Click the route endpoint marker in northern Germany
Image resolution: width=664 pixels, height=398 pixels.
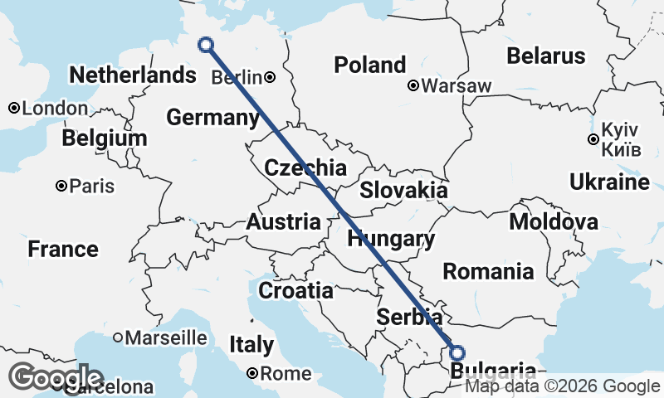[x=207, y=46]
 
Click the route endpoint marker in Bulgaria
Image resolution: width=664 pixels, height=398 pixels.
[x=456, y=352]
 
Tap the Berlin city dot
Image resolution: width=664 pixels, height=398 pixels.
[x=271, y=77]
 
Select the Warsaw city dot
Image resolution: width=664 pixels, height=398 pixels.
[x=413, y=85]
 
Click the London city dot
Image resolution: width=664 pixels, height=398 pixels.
[x=13, y=109]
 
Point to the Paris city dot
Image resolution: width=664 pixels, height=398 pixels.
[x=61, y=186]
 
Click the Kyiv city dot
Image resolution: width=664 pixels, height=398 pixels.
[x=593, y=139]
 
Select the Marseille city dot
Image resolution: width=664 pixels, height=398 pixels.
[x=118, y=337]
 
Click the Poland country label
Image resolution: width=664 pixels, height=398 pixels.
[x=369, y=65]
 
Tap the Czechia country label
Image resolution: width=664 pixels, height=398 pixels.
[x=305, y=168]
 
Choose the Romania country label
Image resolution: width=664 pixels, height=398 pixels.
[x=488, y=271]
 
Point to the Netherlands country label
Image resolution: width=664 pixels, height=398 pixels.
[x=132, y=75]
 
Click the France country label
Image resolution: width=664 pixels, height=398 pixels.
[x=62, y=249]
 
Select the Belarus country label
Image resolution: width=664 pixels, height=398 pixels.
[x=545, y=56]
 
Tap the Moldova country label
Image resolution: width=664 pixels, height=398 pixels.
[x=553, y=222]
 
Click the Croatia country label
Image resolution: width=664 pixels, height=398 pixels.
[x=295, y=291]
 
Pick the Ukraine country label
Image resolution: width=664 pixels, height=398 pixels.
[x=609, y=182]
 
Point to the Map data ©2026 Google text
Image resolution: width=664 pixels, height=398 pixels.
[x=562, y=386]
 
